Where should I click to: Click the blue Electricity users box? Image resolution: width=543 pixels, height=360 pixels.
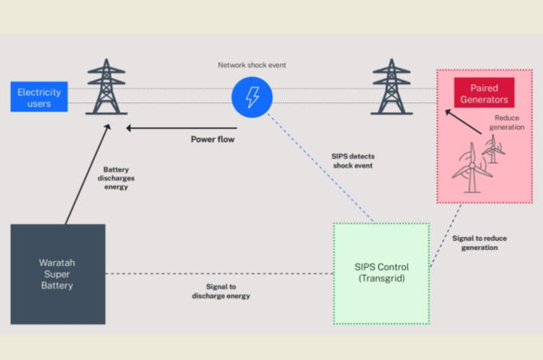coord(39,96)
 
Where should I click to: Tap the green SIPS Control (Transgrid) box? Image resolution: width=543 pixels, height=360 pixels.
coord(381,272)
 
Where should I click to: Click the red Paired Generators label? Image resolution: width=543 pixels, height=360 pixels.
coord(484,94)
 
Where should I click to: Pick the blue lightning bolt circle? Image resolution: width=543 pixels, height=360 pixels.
coord(251,97)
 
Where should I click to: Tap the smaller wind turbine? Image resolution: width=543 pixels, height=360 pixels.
coord(493,146)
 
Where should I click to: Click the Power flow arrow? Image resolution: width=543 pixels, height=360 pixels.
coord(183,128)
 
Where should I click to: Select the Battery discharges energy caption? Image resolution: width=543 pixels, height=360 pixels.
coord(116,178)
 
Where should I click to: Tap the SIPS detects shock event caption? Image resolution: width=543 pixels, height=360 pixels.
coord(353,160)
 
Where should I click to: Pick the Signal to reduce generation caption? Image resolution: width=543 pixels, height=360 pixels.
coord(479,243)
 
